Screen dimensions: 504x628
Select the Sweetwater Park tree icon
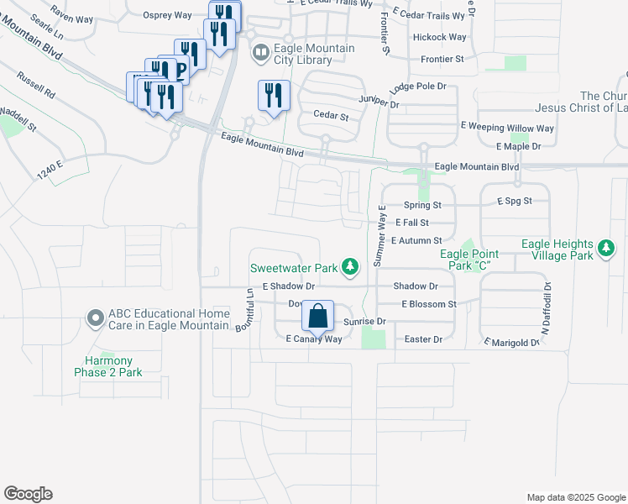tap(351, 269)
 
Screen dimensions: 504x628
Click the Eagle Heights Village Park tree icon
tap(605, 249)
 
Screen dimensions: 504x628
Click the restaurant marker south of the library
tap(273, 97)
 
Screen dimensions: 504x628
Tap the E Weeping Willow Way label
tap(507, 128)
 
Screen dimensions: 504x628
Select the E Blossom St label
tap(428, 304)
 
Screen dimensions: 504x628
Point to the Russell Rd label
tap(36, 84)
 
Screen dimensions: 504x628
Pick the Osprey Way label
tap(168, 15)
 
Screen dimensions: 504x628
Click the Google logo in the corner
tap(28, 494)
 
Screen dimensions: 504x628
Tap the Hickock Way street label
tap(439, 38)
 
